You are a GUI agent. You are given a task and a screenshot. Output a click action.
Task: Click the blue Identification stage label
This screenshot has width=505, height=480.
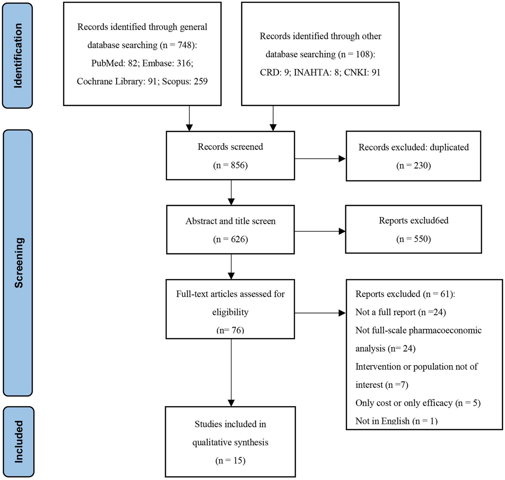click(17, 56)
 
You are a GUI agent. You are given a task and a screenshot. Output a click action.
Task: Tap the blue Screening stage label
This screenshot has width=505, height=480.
click(18, 263)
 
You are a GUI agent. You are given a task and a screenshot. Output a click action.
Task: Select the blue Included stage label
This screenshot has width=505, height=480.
click(18, 442)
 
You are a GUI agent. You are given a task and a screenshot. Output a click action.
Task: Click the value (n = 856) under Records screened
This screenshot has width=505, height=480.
click(230, 165)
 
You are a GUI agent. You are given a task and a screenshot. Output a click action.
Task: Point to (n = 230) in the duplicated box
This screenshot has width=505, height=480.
click(413, 165)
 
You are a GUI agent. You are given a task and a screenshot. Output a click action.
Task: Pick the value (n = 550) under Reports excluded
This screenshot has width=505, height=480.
click(413, 239)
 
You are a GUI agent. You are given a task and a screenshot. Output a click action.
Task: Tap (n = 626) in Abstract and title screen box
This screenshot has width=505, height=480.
click(230, 239)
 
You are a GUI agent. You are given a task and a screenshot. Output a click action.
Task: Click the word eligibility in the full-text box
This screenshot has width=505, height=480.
click(230, 312)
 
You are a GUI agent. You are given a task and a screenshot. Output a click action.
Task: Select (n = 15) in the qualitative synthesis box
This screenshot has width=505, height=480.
click(230, 461)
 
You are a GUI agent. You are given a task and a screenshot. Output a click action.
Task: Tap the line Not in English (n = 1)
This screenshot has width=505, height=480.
click(396, 421)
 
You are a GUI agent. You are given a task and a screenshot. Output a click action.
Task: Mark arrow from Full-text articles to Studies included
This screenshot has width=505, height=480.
click(231, 372)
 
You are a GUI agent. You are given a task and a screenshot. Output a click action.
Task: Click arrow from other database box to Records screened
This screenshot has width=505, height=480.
click(273, 118)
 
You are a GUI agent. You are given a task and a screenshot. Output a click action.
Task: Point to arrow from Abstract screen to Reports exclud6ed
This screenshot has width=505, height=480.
click(319, 231)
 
